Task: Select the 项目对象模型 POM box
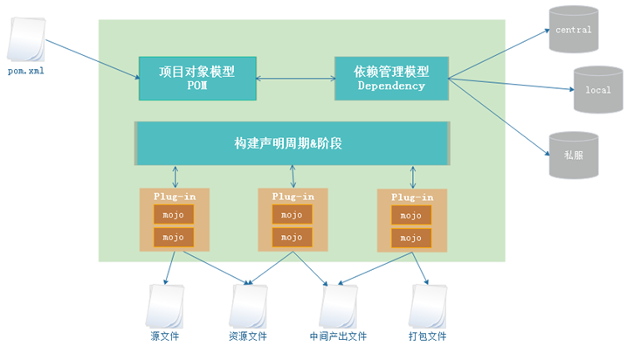tap(199, 78)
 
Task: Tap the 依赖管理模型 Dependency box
tap(391, 78)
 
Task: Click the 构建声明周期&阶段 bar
tap(292, 143)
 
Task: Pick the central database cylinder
tap(573, 31)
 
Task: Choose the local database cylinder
tap(597, 89)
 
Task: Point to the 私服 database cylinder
tap(573, 156)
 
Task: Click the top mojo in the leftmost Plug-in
tap(174, 215)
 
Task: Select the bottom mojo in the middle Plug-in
tap(292, 237)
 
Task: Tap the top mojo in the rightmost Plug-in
tap(410, 215)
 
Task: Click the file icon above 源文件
tap(166, 306)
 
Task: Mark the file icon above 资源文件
tap(248, 306)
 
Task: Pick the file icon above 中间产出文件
tap(337, 306)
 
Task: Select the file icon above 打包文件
tap(427, 306)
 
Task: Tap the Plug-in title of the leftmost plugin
tap(174, 197)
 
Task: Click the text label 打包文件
tap(427, 336)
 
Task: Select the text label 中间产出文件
tap(338, 336)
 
